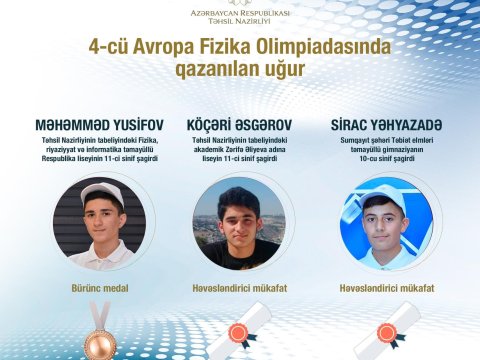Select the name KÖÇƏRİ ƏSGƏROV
pyautogui.click(x=239, y=125)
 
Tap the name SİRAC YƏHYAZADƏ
pyautogui.click(x=385, y=125)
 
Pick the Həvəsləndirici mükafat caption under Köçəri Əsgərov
pyautogui.click(x=240, y=288)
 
